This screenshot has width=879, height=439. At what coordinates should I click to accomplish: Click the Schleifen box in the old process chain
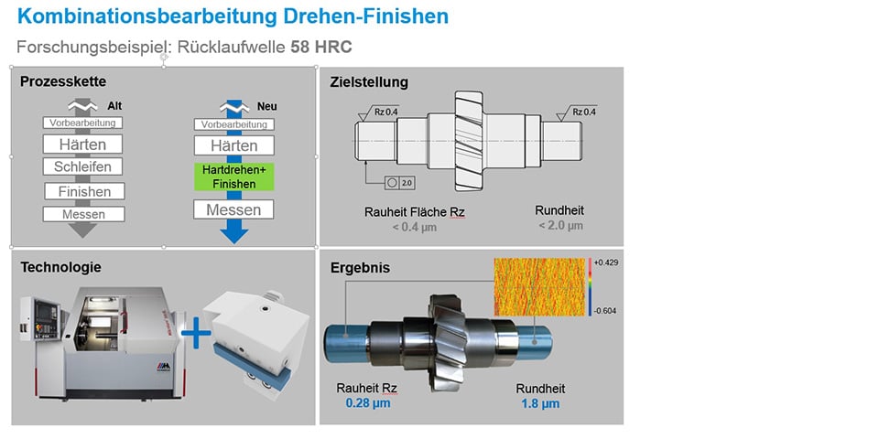point(82,166)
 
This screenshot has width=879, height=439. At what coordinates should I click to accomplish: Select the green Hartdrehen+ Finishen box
point(233,177)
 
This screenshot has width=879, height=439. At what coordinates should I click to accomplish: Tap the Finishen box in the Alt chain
point(84,191)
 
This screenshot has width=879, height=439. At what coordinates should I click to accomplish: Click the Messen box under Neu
point(233,210)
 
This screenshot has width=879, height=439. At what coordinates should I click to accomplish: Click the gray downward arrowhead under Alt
point(83,230)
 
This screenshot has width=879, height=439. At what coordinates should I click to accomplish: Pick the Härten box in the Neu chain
point(233,145)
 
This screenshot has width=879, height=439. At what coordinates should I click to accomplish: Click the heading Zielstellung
point(369,82)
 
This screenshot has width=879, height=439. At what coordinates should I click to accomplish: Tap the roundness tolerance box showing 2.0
point(400,183)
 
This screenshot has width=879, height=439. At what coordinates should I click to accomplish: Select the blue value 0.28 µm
point(368,403)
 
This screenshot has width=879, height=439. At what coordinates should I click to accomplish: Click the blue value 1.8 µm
point(540,403)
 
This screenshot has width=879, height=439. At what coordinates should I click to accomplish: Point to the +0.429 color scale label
point(605,262)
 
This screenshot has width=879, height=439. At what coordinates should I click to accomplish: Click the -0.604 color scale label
point(605,311)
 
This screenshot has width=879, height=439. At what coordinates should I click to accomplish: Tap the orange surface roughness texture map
point(540,286)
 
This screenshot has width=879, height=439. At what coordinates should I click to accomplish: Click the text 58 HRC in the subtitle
point(321,47)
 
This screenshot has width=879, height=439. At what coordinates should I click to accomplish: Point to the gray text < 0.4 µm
point(414,227)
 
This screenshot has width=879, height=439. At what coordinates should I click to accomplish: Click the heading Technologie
point(61,267)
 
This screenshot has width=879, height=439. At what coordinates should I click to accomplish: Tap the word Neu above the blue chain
point(266,106)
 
